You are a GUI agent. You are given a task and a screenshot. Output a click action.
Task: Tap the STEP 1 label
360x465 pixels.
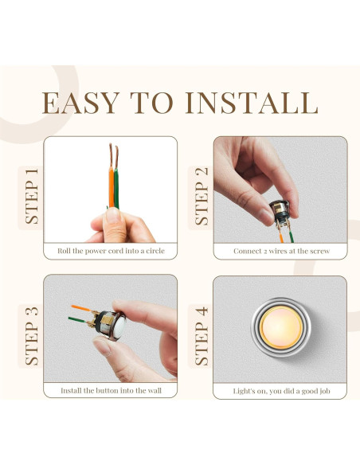pyautogui.click(x=32, y=196)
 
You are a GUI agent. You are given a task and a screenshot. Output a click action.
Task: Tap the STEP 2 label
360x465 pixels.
pyautogui.click(x=202, y=196)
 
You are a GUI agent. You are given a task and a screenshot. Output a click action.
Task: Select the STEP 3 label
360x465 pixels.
pyautogui.click(x=32, y=334)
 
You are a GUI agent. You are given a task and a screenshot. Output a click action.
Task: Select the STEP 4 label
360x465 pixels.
pyautogui.click(x=202, y=334)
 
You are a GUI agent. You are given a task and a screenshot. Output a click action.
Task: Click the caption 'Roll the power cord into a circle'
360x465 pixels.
pyautogui.click(x=111, y=251)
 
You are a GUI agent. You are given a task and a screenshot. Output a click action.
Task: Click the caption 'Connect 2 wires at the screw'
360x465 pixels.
pyautogui.click(x=281, y=251)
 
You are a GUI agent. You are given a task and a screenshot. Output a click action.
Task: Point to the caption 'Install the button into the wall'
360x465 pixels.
pyautogui.click(x=111, y=391)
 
